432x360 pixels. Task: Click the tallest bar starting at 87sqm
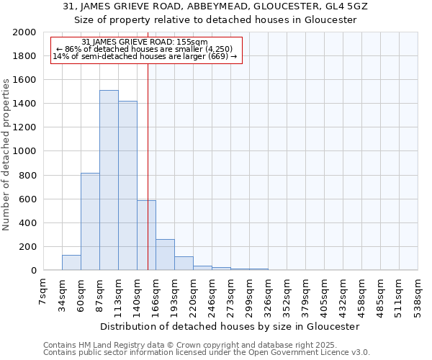point(109,180)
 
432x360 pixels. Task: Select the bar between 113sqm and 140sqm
point(127,186)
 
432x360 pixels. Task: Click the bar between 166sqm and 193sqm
point(165,255)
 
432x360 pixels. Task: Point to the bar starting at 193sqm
point(184,264)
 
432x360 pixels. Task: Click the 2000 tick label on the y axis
point(24,32)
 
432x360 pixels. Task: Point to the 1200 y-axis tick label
point(24,127)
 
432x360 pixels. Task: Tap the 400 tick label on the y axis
point(27,223)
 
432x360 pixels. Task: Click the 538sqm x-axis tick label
point(418,292)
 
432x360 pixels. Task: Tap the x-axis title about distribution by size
point(230,326)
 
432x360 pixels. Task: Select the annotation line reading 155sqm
point(145,42)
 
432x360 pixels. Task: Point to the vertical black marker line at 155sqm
point(148,166)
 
